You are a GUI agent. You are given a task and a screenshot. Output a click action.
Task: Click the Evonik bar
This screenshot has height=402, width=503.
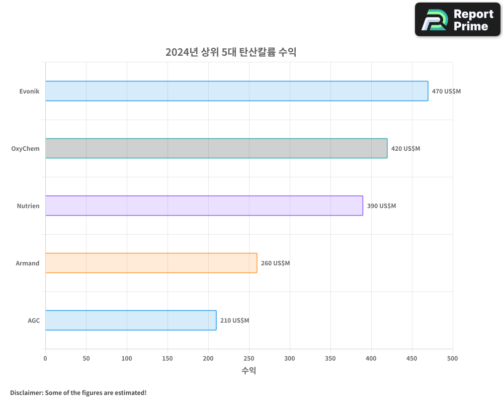(x=236, y=91)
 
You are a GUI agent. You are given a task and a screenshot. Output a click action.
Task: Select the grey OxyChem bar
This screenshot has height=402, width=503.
(x=216, y=148)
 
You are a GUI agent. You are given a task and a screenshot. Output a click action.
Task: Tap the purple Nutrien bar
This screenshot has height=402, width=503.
(x=204, y=206)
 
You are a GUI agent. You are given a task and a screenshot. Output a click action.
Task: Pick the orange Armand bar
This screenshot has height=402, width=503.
(x=151, y=263)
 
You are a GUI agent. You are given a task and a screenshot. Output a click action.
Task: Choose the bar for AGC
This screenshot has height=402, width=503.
(x=131, y=320)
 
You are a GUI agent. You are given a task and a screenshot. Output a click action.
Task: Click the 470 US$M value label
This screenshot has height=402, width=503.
(x=446, y=91)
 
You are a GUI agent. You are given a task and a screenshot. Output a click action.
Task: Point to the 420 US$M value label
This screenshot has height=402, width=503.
(x=405, y=149)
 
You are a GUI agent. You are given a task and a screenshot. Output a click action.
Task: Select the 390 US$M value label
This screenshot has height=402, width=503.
(x=381, y=206)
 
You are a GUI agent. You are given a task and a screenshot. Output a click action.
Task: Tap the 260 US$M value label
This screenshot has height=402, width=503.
(x=275, y=263)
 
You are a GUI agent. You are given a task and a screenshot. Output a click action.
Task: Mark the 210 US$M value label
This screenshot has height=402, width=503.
(x=234, y=321)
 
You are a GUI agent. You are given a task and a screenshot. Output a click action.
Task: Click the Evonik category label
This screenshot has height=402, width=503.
(x=29, y=91)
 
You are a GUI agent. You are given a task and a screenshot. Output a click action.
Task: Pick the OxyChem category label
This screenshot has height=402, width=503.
(x=25, y=149)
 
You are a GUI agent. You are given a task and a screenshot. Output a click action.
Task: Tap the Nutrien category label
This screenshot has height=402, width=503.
(x=28, y=206)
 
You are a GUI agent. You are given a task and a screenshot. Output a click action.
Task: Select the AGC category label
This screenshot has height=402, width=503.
(x=34, y=321)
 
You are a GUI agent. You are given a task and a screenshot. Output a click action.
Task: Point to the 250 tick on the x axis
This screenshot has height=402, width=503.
(x=249, y=358)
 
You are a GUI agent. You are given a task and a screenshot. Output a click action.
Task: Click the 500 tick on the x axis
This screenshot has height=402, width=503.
(x=453, y=358)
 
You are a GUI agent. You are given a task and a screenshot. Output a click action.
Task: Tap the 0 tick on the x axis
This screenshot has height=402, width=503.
(x=45, y=358)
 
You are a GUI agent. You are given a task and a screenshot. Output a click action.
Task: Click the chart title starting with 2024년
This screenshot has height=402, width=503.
(x=231, y=52)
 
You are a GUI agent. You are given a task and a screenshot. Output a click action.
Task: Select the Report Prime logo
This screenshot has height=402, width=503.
(x=458, y=20)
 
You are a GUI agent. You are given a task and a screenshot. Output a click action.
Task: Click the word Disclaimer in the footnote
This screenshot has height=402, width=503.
(x=26, y=392)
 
